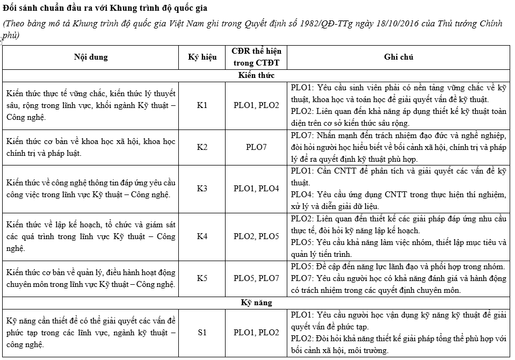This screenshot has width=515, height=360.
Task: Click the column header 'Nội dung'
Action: pos(90,57)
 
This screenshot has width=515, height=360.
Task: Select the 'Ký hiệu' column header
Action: pos(202,57)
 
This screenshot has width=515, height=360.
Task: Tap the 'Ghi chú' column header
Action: pos(398,57)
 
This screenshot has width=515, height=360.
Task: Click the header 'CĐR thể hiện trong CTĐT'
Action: pos(256,57)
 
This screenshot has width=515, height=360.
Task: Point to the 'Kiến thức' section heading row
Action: pos(256,75)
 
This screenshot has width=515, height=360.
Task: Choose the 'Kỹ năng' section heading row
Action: pos(256,303)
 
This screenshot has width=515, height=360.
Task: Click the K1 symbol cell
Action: pos(202,105)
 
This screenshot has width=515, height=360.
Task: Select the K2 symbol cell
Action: pos(202,147)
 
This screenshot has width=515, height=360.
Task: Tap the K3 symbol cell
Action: pos(202,189)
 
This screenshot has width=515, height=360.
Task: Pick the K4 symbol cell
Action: pos(202,236)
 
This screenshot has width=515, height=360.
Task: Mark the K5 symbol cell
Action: pos(202,278)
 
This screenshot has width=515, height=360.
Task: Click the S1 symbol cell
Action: pos(202,332)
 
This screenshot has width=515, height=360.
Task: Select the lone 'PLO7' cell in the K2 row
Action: pos(256,147)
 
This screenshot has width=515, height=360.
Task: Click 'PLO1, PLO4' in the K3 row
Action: pos(256,189)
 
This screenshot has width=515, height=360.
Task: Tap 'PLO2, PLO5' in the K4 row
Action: pos(256,236)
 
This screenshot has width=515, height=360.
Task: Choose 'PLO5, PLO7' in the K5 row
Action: pos(256,278)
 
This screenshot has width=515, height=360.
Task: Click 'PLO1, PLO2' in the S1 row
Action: pos(256,332)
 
